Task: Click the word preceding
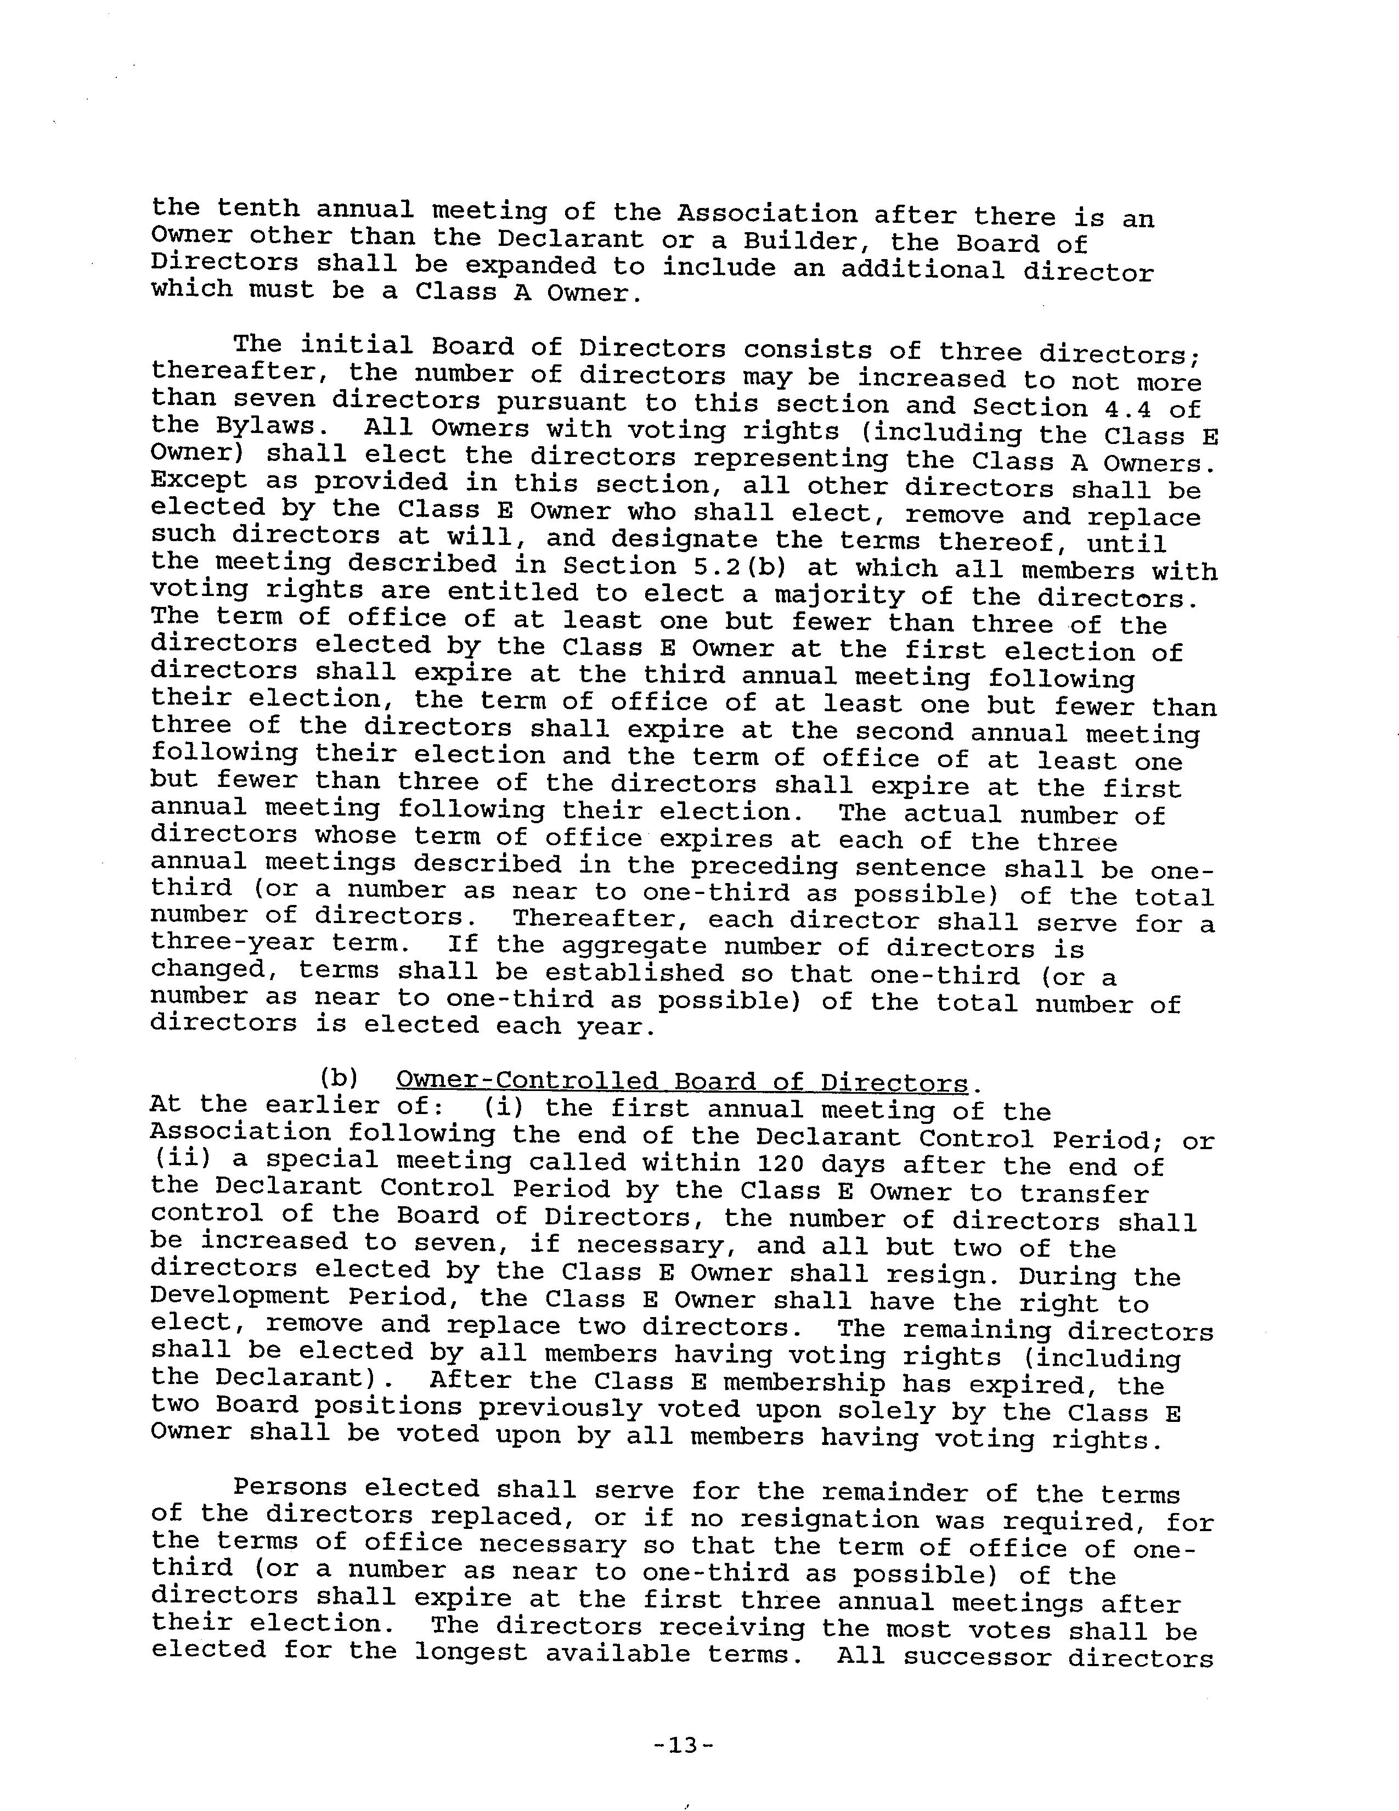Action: [x=763, y=867]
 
